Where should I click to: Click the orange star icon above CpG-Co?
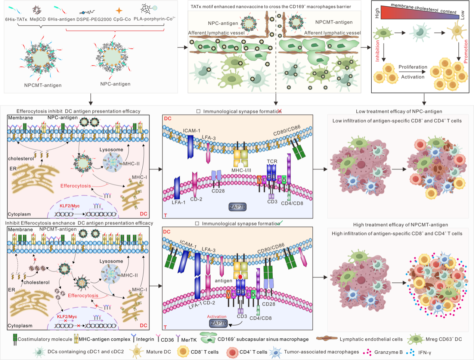point(119,11)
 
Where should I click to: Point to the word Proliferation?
point(412,67)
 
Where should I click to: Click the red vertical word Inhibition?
point(378,51)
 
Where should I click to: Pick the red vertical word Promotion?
point(466,52)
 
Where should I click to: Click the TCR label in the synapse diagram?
point(272,161)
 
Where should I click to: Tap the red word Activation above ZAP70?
point(217,317)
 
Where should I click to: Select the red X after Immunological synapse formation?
point(279,111)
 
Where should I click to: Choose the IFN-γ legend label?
point(425,352)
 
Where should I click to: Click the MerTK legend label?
point(189,339)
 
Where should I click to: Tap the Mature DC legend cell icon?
point(136,351)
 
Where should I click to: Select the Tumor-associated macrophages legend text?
point(321,352)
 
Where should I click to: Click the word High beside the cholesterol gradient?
point(377,14)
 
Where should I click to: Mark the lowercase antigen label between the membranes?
point(223,280)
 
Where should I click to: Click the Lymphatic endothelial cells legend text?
point(371,339)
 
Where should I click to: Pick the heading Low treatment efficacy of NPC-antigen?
point(399,111)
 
